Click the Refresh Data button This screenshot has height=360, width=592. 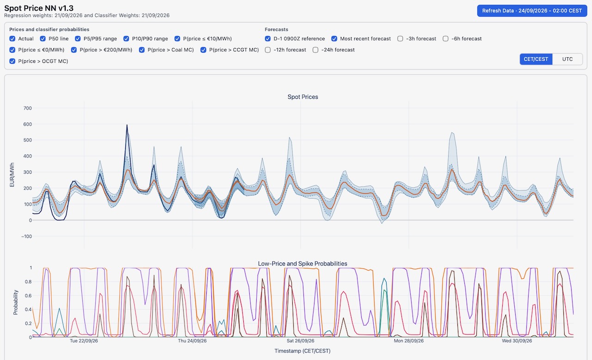(532, 11)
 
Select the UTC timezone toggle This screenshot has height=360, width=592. (567, 59)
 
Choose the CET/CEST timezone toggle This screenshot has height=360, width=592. (536, 59)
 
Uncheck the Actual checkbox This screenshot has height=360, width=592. (12, 38)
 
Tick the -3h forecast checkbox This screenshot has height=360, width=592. (400, 38)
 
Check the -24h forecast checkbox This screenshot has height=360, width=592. (315, 50)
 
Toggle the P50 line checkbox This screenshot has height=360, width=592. (43, 38)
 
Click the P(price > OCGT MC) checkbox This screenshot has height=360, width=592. (12, 61)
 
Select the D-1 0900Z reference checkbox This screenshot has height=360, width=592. (268, 38)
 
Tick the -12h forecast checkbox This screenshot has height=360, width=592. (268, 50)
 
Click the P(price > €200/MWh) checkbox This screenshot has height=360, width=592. (74, 50)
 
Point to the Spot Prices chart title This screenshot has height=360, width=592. (302, 97)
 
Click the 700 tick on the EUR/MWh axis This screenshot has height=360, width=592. (27, 108)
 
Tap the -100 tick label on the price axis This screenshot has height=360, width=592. (26, 237)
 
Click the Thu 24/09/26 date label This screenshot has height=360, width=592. (192, 341)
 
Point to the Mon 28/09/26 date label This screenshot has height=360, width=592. (408, 341)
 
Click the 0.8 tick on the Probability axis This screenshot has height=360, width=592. (28, 281)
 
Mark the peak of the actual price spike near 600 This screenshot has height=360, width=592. (127, 125)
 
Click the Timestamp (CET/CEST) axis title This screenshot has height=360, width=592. (302, 351)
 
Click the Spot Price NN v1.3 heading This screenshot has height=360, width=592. (39, 8)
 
